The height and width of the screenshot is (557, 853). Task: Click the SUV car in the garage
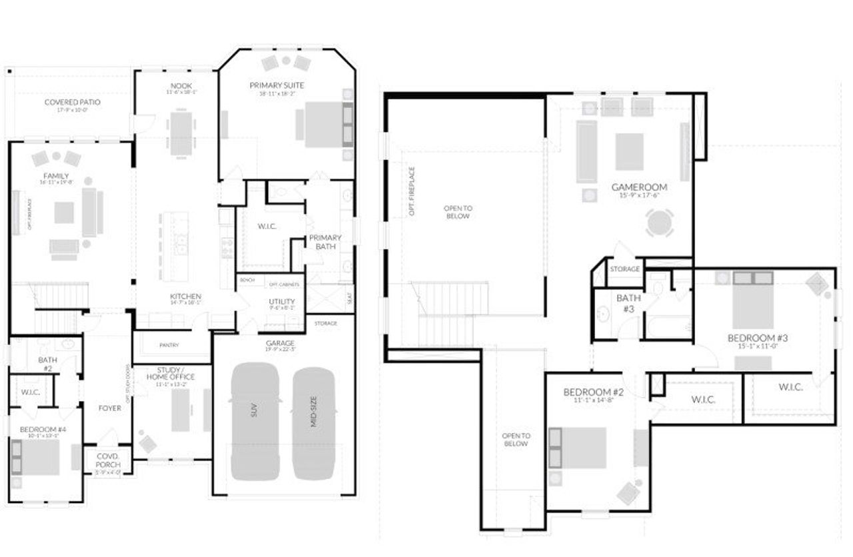pyautogui.click(x=255, y=421)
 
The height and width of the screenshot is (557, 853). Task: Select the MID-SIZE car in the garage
pyautogui.click(x=314, y=423)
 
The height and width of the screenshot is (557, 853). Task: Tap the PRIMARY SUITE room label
pyautogui.click(x=277, y=85)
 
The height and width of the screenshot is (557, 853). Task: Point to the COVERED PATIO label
pyautogui.click(x=73, y=102)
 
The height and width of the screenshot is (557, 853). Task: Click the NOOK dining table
pyautogui.click(x=181, y=134)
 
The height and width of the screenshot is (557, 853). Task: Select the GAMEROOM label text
pyautogui.click(x=639, y=187)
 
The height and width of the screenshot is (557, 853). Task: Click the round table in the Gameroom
pyautogui.click(x=659, y=223)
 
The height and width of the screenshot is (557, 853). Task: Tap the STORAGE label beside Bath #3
pyautogui.click(x=625, y=269)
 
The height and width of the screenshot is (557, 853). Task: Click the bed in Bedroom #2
pyautogui.click(x=578, y=448)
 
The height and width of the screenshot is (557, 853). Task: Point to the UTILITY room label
pyautogui.click(x=282, y=302)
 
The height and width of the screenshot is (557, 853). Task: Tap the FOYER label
pyautogui.click(x=109, y=408)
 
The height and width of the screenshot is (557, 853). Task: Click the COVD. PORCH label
pyautogui.click(x=108, y=460)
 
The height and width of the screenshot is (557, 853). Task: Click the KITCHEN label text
pyautogui.click(x=185, y=296)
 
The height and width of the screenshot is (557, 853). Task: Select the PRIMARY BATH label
pyautogui.click(x=325, y=242)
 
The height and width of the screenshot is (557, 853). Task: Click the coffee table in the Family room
pyautogui.click(x=64, y=213)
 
